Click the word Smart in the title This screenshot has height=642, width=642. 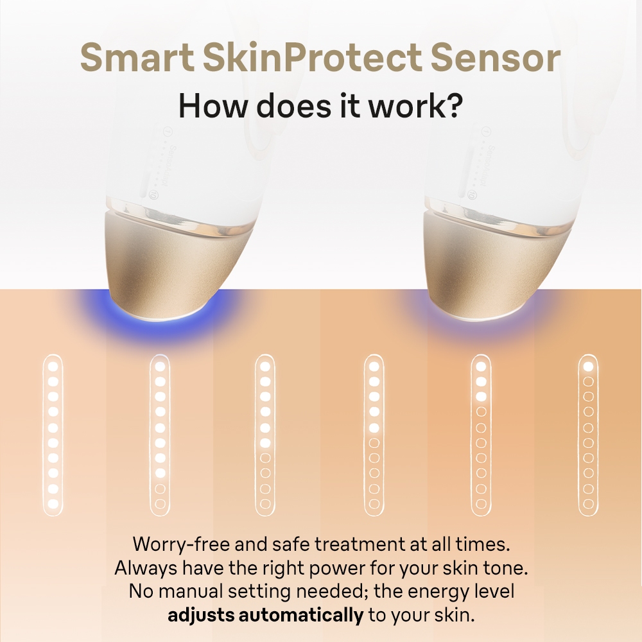tap(137, 57)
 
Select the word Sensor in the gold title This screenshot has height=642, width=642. tap(495, 57)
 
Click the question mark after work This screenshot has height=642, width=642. tap(454, 105)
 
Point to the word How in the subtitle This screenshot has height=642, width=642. tap(213, 106)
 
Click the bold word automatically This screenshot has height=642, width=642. tap(301, 615)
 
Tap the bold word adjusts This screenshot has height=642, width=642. tap(201, 615)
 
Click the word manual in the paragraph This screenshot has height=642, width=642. tap(191, 591)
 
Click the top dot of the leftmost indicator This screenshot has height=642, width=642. tap(53, 367)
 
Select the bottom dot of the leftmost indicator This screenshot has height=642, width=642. tap(53, 503)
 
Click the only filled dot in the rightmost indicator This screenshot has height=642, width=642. tap(588, 367)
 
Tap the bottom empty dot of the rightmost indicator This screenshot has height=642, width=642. tap(588, 503)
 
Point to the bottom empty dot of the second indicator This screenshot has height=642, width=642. tap(160, 503)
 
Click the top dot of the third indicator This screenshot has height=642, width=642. tap(265, 367)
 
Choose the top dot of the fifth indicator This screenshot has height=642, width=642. tap(481, 367)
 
